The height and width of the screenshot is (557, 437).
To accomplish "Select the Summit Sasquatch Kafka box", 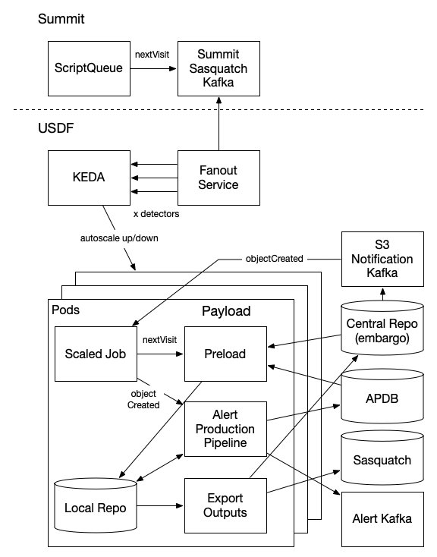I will tap(218, 68).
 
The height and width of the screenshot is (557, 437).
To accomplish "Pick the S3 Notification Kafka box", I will tap(383, 260).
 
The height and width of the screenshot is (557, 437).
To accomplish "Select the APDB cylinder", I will tap(384, 399).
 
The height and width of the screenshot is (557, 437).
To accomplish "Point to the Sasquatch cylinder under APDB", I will tap(384, 460).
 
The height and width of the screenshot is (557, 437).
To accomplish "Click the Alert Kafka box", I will tap(383, 519).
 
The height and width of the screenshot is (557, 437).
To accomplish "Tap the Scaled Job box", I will tap(95, 354).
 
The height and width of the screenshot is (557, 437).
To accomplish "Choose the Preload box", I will tap(226, 353).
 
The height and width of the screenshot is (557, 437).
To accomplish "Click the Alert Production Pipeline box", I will tap(226, 428).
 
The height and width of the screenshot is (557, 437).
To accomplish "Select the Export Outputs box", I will tap(226, 505).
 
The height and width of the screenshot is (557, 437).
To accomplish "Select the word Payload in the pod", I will tap(226, 311).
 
